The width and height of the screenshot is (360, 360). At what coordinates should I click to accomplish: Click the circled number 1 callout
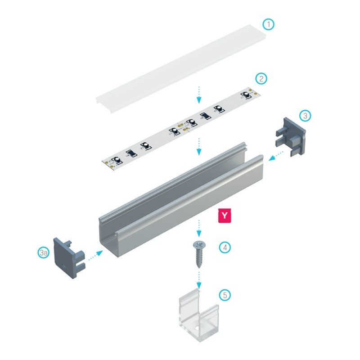(x=269, y=24)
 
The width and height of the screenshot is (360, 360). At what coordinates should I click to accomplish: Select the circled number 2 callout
(x=261, y=78)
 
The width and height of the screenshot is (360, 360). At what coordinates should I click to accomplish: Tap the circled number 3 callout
(x=305, y=116)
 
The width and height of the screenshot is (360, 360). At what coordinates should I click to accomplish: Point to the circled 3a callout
(x=43, y=253)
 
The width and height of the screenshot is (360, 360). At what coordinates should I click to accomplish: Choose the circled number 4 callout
(x=225, y=247)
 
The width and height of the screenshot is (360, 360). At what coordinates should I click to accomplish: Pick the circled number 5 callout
(x=225, y=295)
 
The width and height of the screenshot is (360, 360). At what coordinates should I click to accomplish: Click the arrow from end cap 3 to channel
(x=276, y=156)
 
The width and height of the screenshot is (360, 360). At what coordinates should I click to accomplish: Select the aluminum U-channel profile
(x=180, y=198)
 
